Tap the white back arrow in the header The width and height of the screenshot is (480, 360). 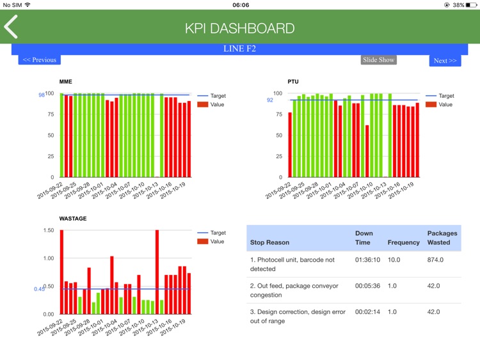(x=11, y=27)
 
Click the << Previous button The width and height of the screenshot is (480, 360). (x=39, y=60)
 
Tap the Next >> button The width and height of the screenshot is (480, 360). (x=445, y=61)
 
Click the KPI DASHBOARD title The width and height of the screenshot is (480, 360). (x=239, y=29)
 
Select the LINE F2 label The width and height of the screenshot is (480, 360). (x=239, y=49)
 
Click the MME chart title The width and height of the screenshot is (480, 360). (x=66, y=82)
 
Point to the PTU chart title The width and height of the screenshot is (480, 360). (x=293, y=82)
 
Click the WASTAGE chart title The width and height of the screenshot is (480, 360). (x=73, y=219)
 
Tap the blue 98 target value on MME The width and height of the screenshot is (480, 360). (x=42, y=95)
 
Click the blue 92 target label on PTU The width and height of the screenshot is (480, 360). (x=270, y=100)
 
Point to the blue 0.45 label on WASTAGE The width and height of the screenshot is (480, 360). (x=39, y=289)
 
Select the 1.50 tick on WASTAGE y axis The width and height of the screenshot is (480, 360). (x=48, y=230)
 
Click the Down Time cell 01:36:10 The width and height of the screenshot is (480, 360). (x=368, y=260)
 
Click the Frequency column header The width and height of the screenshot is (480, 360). (x=403, y=243)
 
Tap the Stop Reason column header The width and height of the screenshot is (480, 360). (x=269, y=243)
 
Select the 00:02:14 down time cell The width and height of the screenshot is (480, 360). (x=368, y=312)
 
